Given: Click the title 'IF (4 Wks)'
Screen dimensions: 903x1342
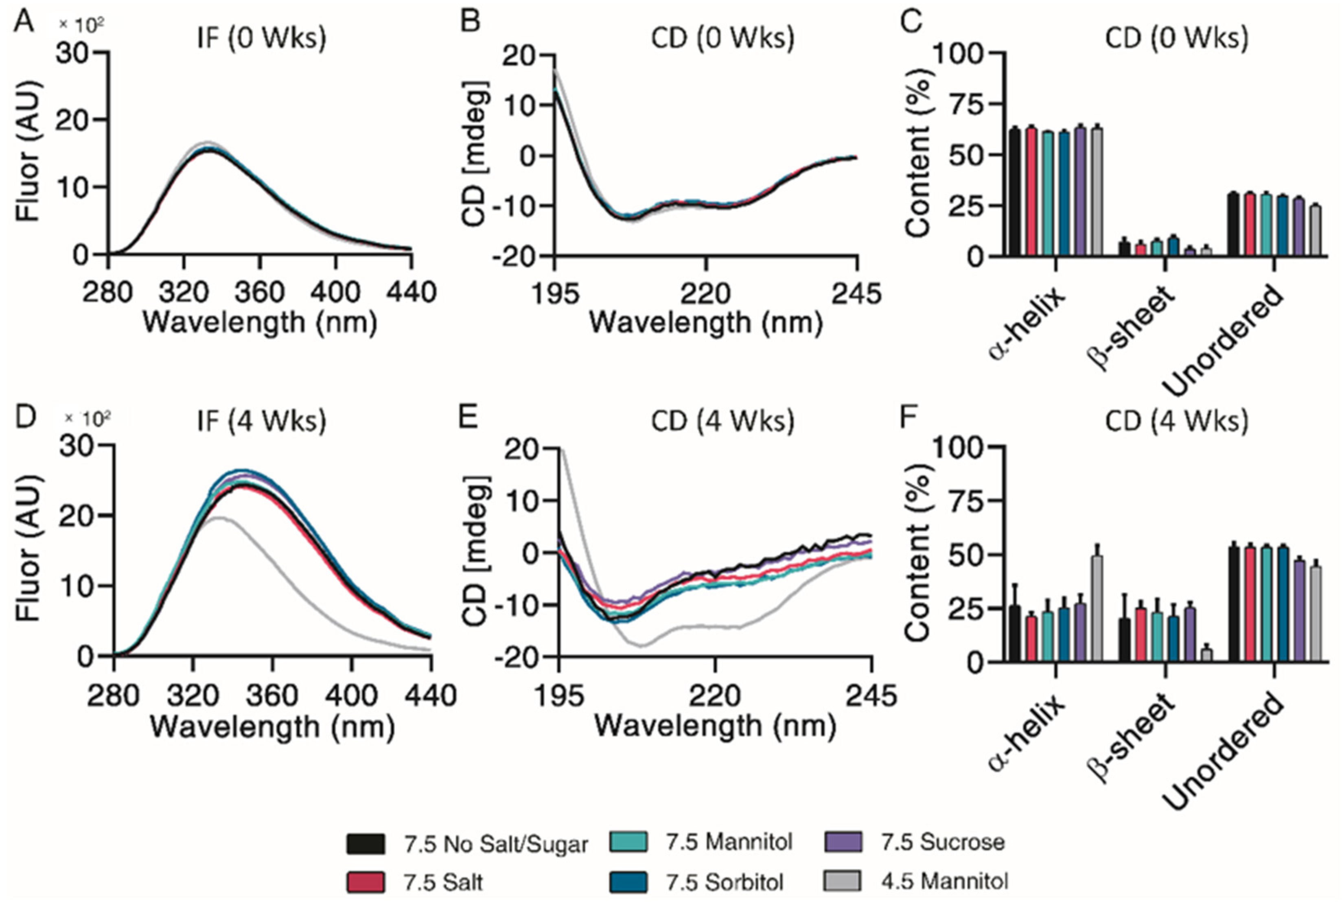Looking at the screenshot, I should (x=261, y=421).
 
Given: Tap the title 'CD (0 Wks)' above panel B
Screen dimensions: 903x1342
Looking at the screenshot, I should (x=722, y=38).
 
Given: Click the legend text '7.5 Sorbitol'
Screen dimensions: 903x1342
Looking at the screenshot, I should (x=725, y=882).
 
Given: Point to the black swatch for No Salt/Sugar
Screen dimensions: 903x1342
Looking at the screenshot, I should (x=366, y=844).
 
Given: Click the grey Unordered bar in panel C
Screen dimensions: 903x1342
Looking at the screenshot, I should (x=1316, y=230).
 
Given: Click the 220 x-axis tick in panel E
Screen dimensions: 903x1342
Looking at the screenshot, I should (x=715, y=696).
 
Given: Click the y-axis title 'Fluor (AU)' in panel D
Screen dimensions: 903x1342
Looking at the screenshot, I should (x=27, y=548).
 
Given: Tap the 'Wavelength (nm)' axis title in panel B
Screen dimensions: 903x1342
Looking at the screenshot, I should (x=705, y=322).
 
